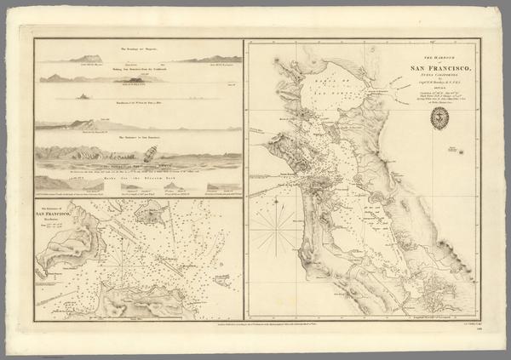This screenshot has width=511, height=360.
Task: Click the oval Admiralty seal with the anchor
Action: pos(441,119)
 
